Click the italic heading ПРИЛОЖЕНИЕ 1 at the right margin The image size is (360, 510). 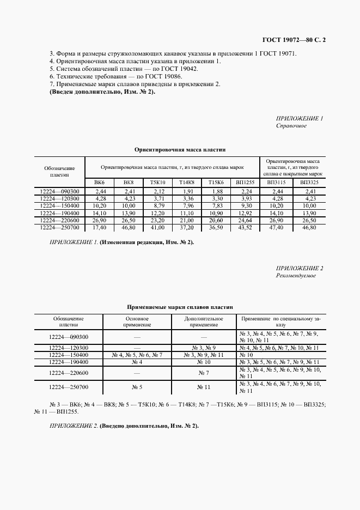point(300,118)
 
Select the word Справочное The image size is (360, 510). point(291,126)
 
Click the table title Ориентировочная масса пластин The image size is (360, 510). point(180,149)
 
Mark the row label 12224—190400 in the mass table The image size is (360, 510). point(60,213)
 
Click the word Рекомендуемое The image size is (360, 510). point(296,276)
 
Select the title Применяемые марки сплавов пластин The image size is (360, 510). point(180,307)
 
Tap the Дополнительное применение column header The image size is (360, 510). point(204,321)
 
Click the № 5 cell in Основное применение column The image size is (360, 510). point(137,387)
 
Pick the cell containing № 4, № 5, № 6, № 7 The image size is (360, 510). point(137,355)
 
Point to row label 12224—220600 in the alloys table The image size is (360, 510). point(68,373)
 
